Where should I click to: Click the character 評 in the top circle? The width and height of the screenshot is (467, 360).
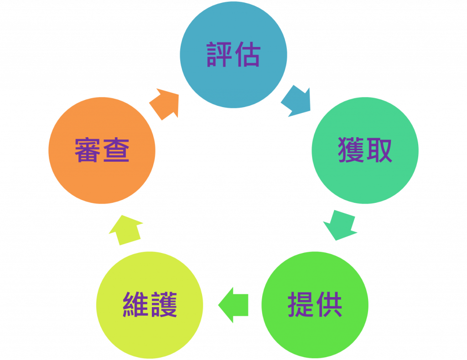click(220, 55)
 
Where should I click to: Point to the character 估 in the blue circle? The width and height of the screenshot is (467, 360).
click(248, 55)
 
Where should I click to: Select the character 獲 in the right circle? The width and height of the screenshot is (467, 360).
click(351, 150)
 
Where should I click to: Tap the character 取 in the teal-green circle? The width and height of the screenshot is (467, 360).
click(379, 150)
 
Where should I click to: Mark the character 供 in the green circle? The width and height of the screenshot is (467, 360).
click(329, 304)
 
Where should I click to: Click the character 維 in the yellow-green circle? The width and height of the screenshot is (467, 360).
click(136, 304)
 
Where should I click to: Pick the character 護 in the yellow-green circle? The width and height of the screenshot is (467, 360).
click(164, 304)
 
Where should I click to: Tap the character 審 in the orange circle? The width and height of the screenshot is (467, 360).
click(88, 150)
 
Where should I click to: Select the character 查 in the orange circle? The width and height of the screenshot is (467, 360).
click(116, 150)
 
